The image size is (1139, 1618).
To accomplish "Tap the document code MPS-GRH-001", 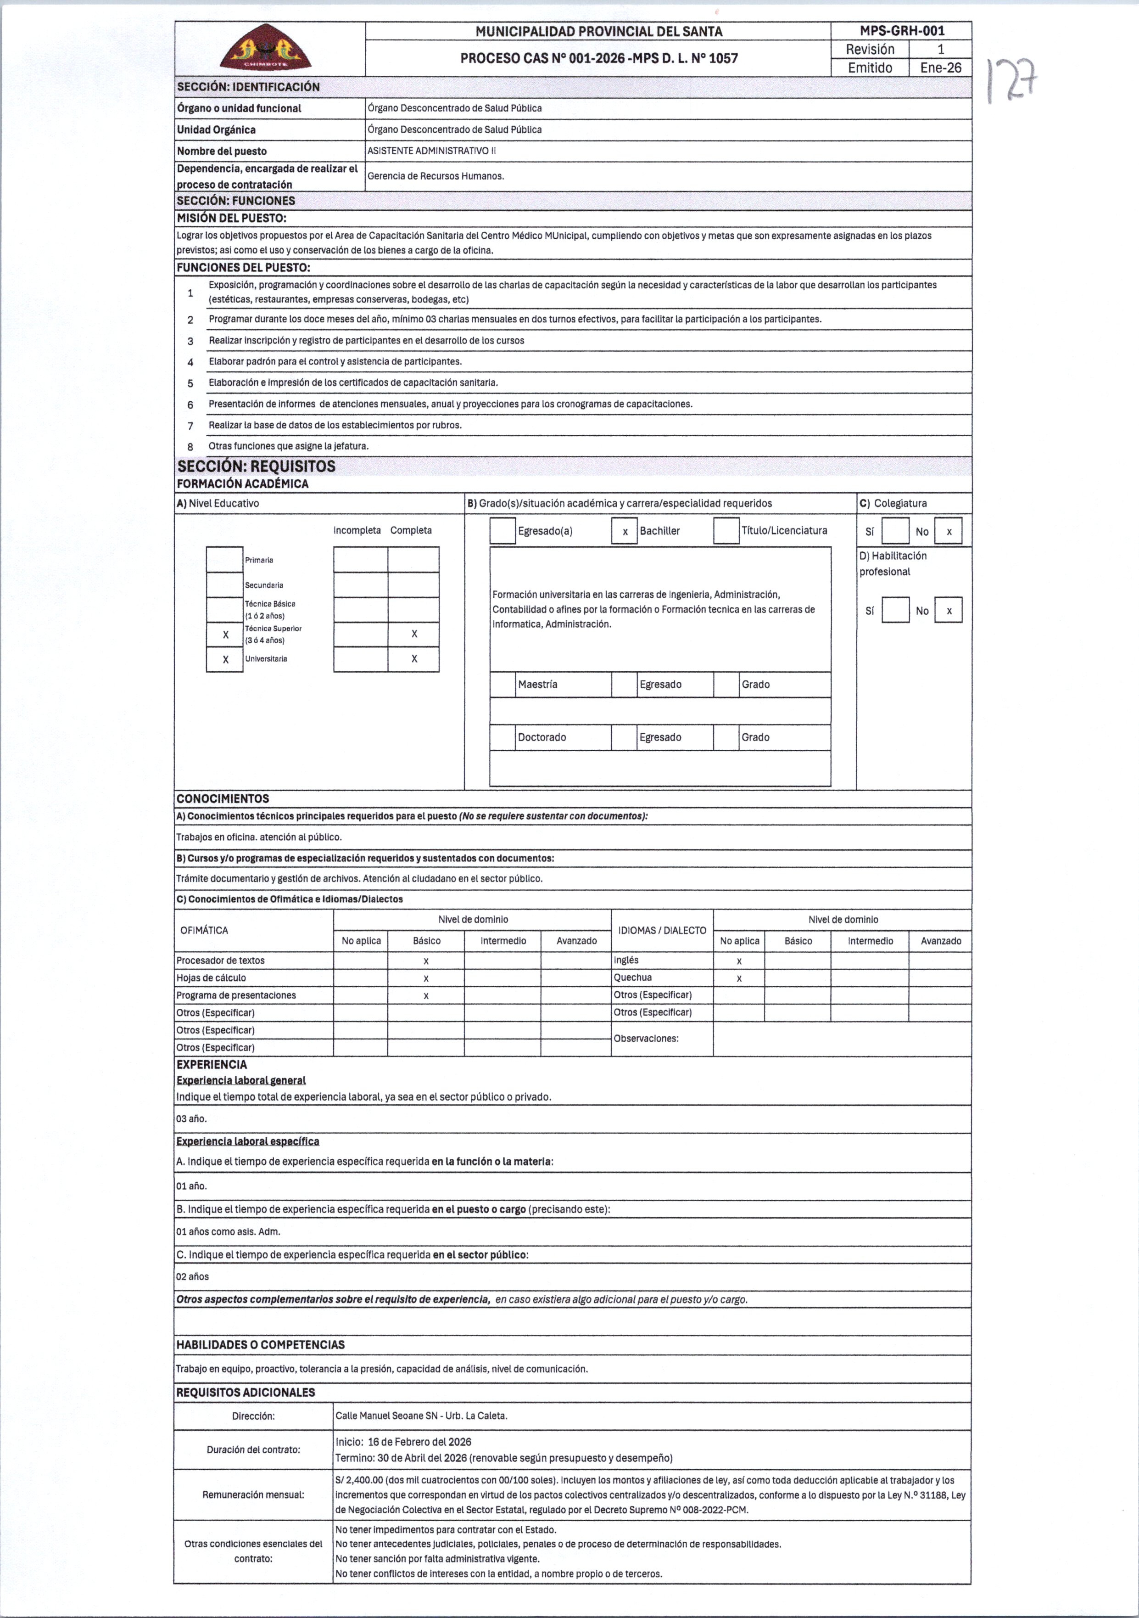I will tap(902, 30).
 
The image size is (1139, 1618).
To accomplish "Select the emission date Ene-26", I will tap(940, 67).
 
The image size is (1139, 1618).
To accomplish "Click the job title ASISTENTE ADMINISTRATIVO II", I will tap(431, 151).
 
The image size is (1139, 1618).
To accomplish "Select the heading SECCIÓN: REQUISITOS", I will tap(257, 466).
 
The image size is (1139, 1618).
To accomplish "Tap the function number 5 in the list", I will tap(190, 383).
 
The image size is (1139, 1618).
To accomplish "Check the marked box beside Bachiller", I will tap(624, 531).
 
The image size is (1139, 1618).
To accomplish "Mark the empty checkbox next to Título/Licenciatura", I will tap(726, 531).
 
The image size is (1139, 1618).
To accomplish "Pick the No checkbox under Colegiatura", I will tap(948, 531).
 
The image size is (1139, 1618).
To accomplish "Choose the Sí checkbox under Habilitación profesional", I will tap(895, 610).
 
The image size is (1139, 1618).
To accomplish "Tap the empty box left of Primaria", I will tap(225, 560).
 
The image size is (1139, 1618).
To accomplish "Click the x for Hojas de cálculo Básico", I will tap(426, 978).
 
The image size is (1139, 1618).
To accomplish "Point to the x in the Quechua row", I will tap(739, 978).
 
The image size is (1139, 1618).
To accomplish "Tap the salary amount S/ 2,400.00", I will tap(359, 1481).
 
